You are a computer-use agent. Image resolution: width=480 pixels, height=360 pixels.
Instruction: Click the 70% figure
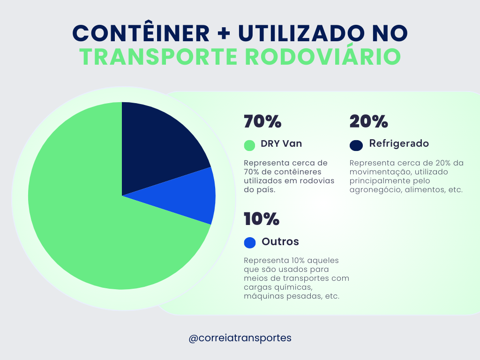click(x=262, y=122)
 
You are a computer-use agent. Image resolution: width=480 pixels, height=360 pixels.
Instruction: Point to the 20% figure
click(x=369, y=122)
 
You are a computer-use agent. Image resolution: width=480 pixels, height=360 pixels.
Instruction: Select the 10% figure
click(x=262, y=219)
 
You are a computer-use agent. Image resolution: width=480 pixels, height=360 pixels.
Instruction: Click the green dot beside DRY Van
click(x=250, y=145)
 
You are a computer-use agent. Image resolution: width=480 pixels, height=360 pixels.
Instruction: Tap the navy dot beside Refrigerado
click(x=356, y=145)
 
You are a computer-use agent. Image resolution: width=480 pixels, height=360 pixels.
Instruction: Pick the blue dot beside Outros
click(x=250, y=242)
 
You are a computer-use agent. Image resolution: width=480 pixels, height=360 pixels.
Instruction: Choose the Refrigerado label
click(x=399, y=143)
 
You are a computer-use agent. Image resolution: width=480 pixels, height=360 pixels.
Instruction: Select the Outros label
click(x=280, y=242)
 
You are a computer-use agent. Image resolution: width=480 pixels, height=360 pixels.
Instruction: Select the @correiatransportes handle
click(x=240, y=337)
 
